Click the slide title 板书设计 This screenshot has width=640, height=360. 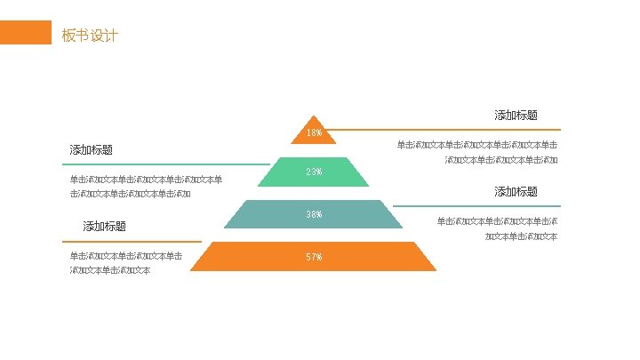[90, 36]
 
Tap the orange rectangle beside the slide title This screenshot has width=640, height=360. [25, 33]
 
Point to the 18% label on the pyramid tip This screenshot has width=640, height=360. [314, 133]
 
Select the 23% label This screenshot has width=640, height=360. [314, 172]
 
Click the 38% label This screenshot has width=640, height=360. [314, 214]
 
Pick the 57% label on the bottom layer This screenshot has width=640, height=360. [314, 257]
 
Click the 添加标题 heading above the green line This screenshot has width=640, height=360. [92, 149]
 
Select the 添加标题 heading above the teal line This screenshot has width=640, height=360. [516, 191]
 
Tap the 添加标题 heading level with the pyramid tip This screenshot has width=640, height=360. [516, 115]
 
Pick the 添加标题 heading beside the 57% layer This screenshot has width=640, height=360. [105, 226]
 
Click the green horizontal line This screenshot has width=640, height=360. [165, 164]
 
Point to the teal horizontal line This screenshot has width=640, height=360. [476, 206]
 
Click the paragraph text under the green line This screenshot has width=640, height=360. [146, 187]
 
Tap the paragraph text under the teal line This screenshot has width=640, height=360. [497, 228]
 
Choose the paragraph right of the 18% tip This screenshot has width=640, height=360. [477, 152]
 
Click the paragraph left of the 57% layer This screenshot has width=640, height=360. [126, 263]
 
